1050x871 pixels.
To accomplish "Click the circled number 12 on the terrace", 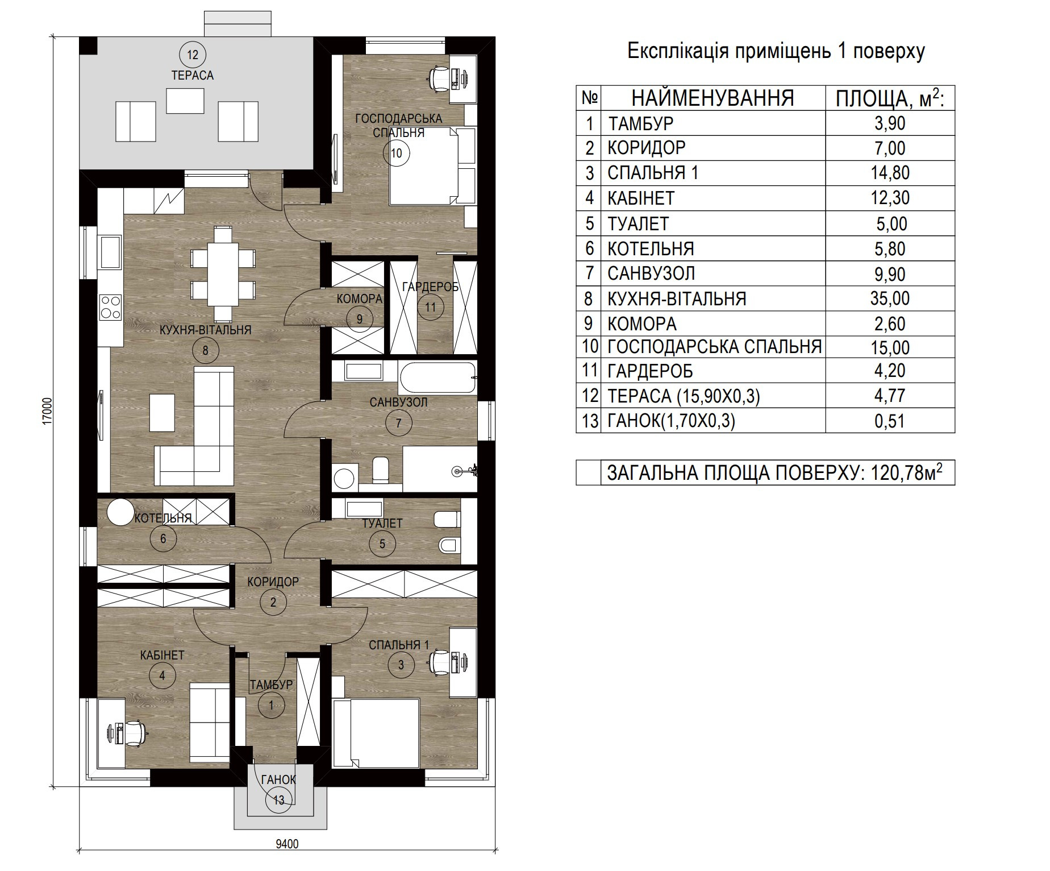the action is point(193,55).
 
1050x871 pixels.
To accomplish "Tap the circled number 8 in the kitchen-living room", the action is point(205,350).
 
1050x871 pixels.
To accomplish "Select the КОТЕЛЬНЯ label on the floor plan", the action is point(164,518).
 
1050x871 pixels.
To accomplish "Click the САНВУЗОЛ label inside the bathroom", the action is point(398,402).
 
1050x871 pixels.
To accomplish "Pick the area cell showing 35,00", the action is point(890,298).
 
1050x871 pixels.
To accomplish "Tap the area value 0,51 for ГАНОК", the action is point(890,421).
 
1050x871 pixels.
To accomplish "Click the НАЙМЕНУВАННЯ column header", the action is point(713,98).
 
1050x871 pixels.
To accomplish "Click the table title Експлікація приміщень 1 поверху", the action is point(776,51).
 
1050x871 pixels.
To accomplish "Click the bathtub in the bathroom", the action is point(438,378).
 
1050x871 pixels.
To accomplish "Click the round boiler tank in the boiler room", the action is point(120,512).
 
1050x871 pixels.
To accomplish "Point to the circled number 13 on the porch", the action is point(278,801).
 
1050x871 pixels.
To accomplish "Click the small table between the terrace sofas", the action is point(185,101).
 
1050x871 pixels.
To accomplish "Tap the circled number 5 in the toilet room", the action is point(382,544).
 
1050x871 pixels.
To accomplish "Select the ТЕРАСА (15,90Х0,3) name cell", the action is point(684,396).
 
